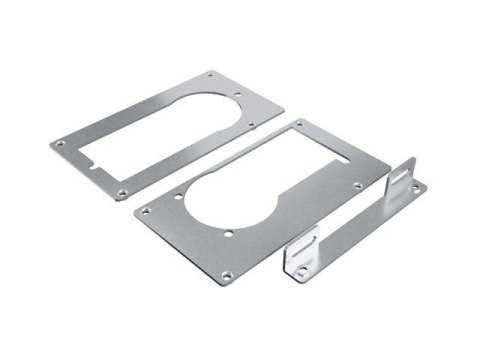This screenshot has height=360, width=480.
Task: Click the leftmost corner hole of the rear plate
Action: pyautogui.click(x=59, y=145)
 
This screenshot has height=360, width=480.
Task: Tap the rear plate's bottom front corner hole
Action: pyautogui.click(x=121, y=190)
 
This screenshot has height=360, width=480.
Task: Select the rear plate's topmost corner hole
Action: pyautogui.click(x=210, y=75)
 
